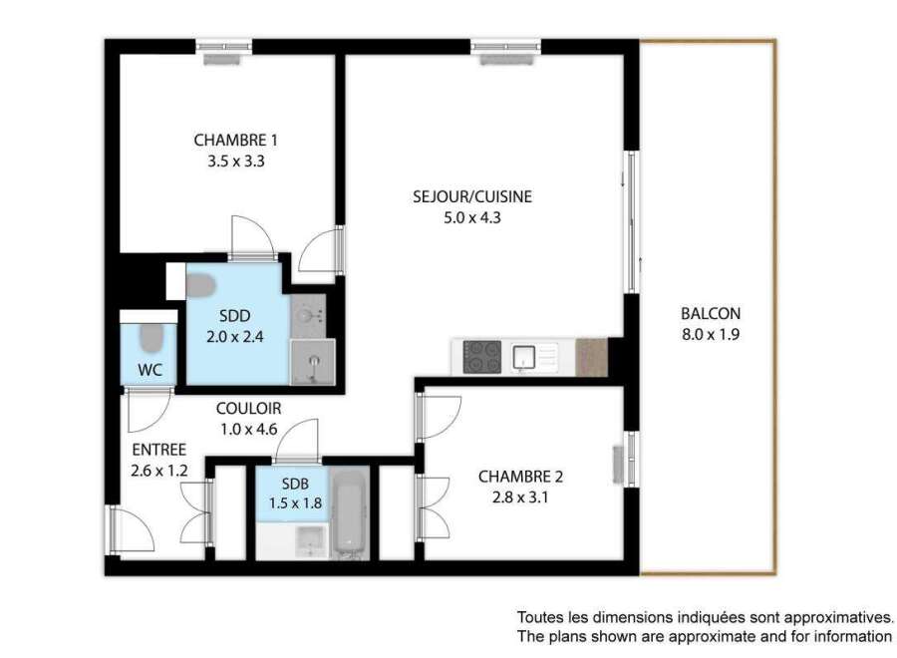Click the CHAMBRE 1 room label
(x=235, y=141)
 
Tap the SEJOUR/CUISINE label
(x=472, y=196)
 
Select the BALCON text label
(x=711, y=314)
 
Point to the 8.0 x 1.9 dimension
(x=711, y=335)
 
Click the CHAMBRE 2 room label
(x=520, y=477)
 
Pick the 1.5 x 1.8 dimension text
(x=295, y=503)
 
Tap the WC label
(x=149, y=370)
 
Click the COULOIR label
(x=249, y=409)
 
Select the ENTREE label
(x=159, y=450)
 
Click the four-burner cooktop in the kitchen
(x=481, y=357)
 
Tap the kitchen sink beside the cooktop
(x=523, y=357)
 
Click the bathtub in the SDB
(x=349, y=513)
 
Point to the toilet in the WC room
(x=151, y=338)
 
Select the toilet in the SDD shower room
(x=200, y=285)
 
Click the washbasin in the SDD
(x=308, y=315)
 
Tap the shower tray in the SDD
(x=312, y=362)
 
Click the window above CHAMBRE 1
(x=223, y=47)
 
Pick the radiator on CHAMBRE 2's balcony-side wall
(x=618, y=464)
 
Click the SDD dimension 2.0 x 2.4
(x=234, y=337)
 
